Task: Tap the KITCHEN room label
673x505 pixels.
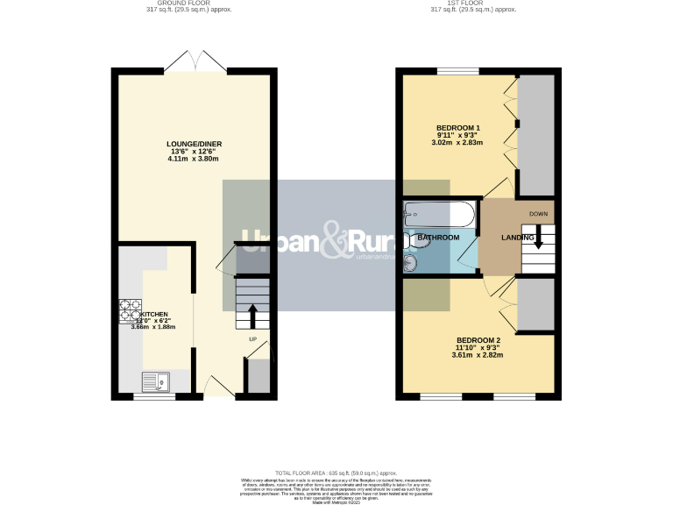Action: pos(154,314)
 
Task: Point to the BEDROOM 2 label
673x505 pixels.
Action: pos(478,339)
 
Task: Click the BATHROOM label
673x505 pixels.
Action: pos(438,238)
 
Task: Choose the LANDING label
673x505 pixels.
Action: pos(517,238)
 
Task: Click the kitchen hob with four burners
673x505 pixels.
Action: pos(131,311)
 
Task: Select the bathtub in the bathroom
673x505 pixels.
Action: pos(439,213)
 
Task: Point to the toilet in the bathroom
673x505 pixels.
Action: pos(416,238)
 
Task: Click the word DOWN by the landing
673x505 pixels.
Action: pos(539,214)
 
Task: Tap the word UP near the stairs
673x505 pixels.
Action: pos(253,338)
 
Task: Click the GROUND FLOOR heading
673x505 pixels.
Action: pos(181,4)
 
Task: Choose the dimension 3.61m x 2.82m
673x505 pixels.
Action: pos(478,355)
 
